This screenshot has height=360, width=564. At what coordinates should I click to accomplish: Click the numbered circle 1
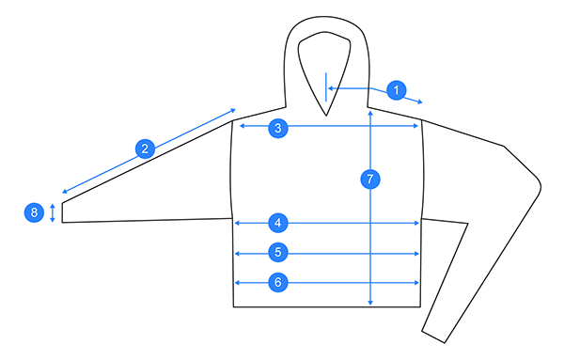[397, 90]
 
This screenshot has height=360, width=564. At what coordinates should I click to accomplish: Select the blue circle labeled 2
[144, 149]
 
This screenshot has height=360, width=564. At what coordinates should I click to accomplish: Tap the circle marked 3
[277, 129]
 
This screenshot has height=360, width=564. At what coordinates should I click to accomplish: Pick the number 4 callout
[277, 223]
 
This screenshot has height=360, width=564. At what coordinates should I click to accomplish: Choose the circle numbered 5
[277, 252]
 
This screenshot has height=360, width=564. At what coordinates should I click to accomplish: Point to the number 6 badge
[277, 282]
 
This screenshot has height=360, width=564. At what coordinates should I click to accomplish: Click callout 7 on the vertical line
[371, 178]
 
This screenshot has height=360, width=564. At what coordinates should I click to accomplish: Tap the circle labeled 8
[35, 213]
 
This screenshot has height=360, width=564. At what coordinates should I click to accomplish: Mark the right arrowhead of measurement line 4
[416, 223]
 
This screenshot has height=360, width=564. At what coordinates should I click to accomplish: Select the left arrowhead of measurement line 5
[237, 253]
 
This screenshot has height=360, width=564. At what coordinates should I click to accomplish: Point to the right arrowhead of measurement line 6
[416, 282]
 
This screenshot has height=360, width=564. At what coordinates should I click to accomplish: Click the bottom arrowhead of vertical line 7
[371, 303]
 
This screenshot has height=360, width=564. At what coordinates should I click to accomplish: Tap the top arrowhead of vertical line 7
[371, 114]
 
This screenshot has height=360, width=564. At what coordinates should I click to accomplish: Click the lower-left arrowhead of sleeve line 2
[64, 190]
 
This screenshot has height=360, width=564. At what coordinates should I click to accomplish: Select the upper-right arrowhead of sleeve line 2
[233, 112]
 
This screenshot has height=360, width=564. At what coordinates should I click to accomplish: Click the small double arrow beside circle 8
[53, 212]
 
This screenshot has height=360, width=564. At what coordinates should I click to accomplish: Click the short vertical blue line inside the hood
[325, 86]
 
